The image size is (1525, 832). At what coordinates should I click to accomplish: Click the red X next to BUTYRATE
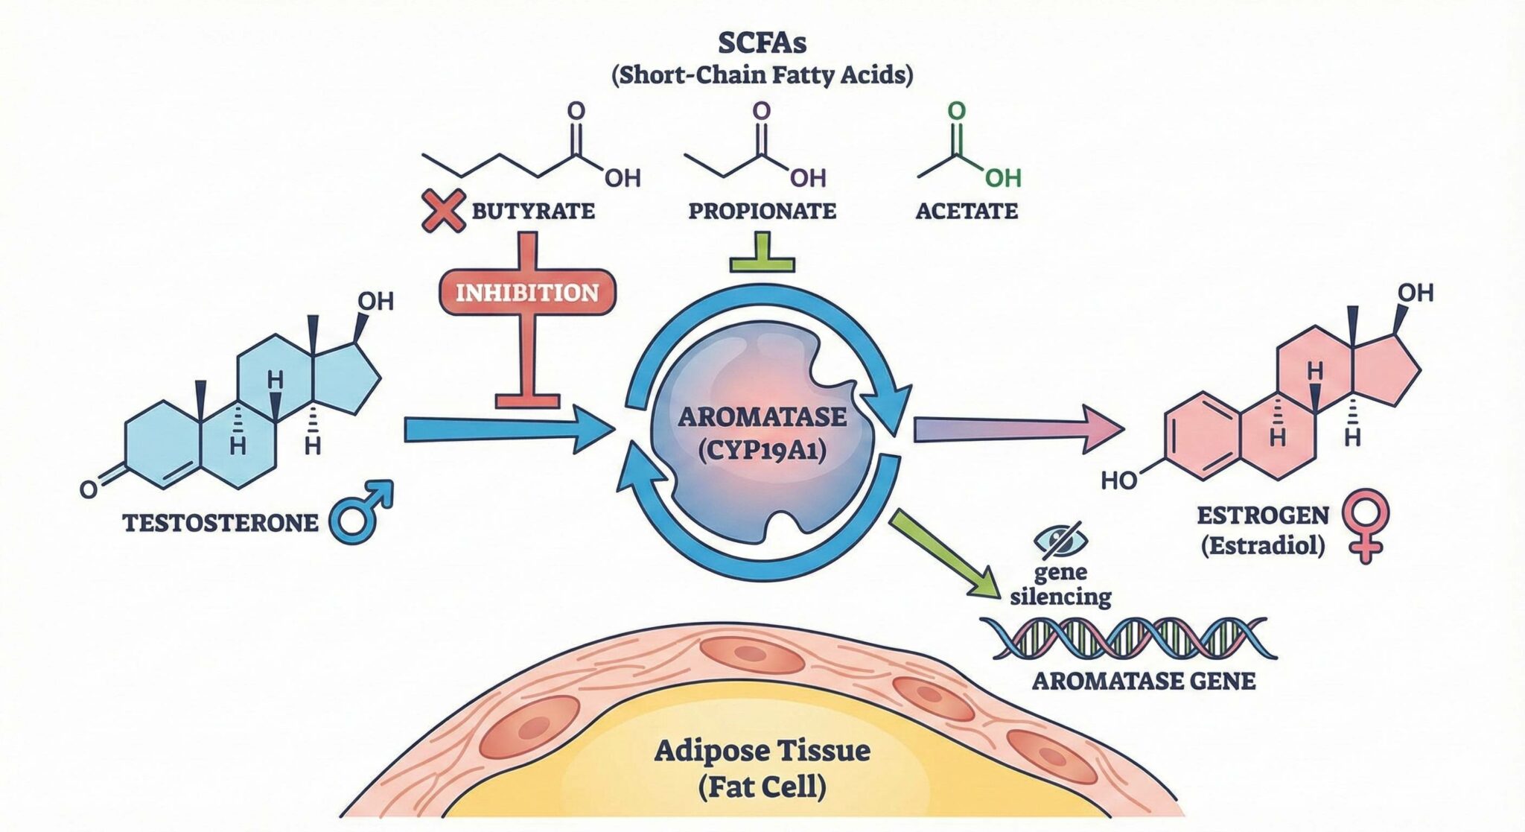442,210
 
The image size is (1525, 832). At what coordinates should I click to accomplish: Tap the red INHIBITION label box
527,292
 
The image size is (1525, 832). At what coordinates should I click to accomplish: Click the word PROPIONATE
762,211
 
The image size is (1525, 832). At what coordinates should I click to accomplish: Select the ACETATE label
966,211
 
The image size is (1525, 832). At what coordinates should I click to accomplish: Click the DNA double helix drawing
1127,638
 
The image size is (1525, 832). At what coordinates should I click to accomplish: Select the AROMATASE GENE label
1143,681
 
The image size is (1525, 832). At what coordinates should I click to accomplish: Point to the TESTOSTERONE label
220,523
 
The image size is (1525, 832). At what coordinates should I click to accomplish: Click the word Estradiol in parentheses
1262,546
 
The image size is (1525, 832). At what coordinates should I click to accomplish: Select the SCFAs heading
762,43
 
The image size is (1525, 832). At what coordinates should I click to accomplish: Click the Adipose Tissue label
762,749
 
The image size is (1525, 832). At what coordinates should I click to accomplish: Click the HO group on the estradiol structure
1118,480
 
